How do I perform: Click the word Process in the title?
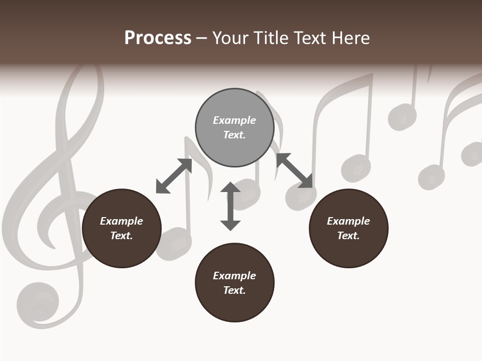coord(158,38)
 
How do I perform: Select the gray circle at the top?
coord(234,128)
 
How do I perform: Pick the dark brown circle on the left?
coord(122,229)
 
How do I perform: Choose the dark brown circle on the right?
coord(348,229)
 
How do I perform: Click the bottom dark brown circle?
coord(234,283)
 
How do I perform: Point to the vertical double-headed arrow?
coord(230,207)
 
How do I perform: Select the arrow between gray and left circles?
coord(174,176)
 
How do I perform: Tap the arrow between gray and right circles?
coord(294,170)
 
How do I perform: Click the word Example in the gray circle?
coord(234,120)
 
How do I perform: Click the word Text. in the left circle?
coord(122,236)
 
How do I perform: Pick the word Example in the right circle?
coord(348,221)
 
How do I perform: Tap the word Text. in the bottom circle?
coord(234,290)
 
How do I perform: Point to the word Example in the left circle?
coord(122,221)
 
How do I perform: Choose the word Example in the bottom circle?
coord(234,276)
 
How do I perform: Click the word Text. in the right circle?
coord(348,236)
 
